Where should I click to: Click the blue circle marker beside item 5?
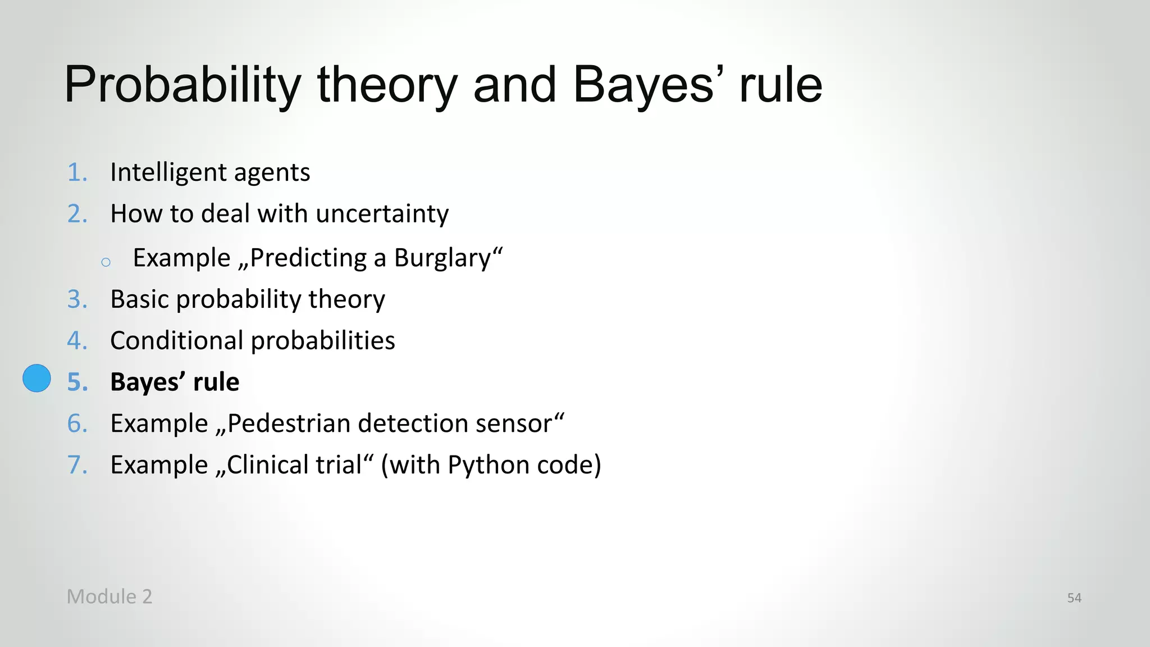[x=36, y=378]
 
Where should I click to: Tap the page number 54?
[x=1074, y=598]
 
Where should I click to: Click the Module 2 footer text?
[x=109, y=596]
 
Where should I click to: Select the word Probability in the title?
[x=183, y=85]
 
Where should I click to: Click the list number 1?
[x=77, y=172]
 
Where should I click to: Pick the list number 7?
[x=77, y=465]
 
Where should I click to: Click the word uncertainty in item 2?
[x=382, y=214]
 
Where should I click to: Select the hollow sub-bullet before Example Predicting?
[x=106, y=262]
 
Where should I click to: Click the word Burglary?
[x=442, y=258]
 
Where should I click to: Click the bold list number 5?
[x=77, y=382]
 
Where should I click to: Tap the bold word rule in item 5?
[x=216, y=382]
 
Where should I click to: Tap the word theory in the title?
[x=387, y=85]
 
